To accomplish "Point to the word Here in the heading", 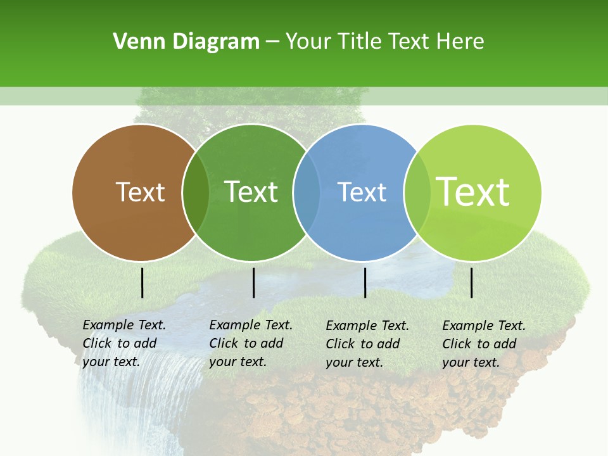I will (x=460, y=42).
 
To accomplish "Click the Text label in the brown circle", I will (x=140, y=192).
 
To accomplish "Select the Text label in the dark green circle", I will (x=251, y=192).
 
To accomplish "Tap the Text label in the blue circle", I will (x=362, y=192).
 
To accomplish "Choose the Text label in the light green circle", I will (x=472, y=192).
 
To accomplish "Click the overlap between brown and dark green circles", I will (x=196, y=193).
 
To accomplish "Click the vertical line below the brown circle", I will (x=142, y=282).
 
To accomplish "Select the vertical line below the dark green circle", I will (x=253, y=282).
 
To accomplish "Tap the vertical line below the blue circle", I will (x=365, y=282).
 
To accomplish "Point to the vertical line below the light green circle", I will (x=472, y=282).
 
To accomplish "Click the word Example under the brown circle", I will (x=105, y=325).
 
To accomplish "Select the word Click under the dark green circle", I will (x=224, y=343).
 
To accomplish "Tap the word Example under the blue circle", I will (x=348, y=326).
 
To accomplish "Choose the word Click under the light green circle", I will (x=457, y=344).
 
